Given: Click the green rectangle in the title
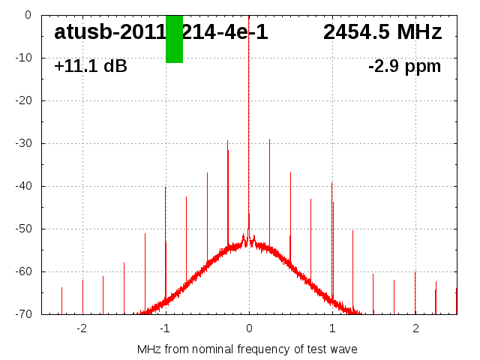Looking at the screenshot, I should tap(174, 39).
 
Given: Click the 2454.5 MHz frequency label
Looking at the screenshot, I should tap(382, 32).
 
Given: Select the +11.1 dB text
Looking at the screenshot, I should tap(91, 67).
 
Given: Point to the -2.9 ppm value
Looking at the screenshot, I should tap(404, 67).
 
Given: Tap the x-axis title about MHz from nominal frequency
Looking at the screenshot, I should tap(247, 349).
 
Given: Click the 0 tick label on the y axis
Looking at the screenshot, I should tap(27, 15).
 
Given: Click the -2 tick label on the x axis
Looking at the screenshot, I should tap(81, 328).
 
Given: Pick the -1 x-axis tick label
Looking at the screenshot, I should tap(164, 328).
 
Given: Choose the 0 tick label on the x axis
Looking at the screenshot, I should tap(249, 328).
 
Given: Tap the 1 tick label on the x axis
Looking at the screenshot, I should tap(332, 328).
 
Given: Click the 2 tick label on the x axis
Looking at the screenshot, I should tap(415, 328).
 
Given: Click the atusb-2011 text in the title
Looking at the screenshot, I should tap(109, 32).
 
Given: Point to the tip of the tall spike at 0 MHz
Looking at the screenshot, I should tap(249, 16).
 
